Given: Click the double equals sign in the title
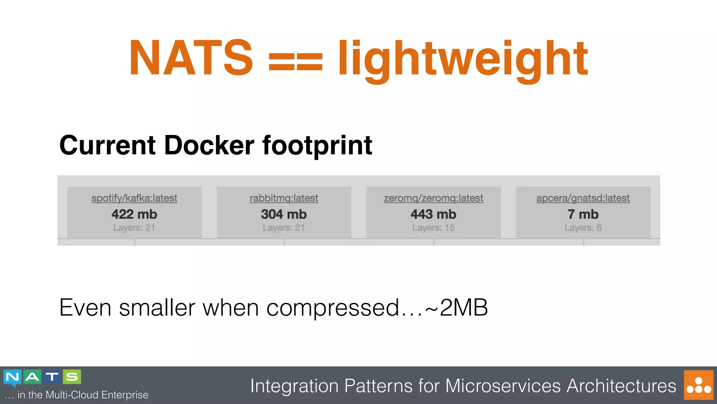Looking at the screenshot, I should (295, 61).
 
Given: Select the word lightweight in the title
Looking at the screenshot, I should (462, 60).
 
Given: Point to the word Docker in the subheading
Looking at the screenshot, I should (209, 145).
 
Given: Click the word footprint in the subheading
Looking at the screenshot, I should (317, 146).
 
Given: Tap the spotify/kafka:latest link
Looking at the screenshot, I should (134, 198).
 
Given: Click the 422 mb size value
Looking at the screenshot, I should (134, 214).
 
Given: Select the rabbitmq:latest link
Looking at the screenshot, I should (284, 198).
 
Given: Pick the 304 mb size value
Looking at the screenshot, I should (284, 214).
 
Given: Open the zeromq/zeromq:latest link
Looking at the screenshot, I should (433, 198).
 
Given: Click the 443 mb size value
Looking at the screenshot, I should (433, 214).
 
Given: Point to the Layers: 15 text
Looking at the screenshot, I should (433, 228).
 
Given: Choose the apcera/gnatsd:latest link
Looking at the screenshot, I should (583, 198).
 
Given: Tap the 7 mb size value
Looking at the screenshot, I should (583, 214).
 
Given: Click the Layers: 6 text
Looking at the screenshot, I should (583, 228).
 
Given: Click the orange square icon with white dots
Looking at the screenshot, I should (698, 385).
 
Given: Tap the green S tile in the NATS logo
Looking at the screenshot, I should (72, 377).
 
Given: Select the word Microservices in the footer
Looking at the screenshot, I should (503, 386).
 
